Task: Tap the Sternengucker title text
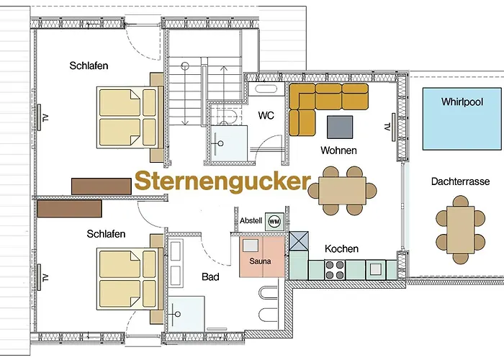(222, 180)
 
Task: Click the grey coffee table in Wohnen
(341, 126)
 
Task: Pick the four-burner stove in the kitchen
(335, 270)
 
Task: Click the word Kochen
(341, 248)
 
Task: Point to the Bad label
(210, 276)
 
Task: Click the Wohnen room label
(339, 150)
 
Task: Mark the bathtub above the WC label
(265, 89)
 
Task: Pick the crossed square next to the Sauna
(298, 240)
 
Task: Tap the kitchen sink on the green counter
(375, 270)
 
